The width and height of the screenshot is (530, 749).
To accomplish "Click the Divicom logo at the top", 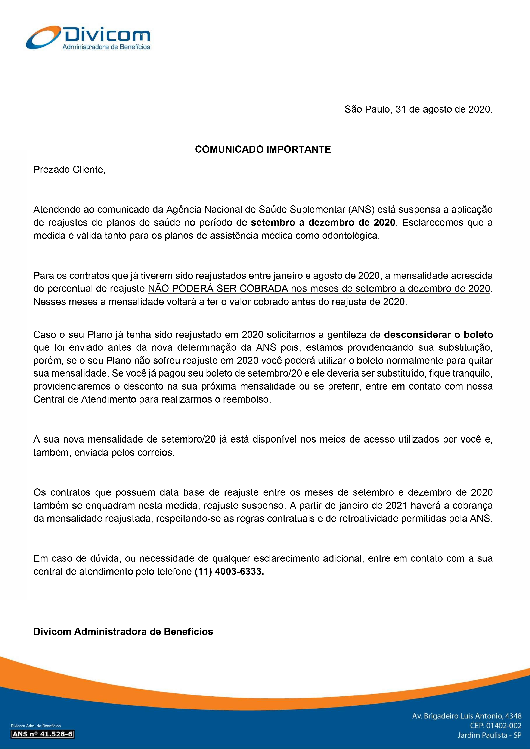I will tap(88, 38).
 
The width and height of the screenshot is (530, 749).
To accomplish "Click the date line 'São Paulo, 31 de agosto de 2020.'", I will tap(418, 109).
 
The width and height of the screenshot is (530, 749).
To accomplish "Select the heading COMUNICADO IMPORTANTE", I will tap(263, 150).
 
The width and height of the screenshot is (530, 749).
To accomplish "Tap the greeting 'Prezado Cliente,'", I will tap(69, 170).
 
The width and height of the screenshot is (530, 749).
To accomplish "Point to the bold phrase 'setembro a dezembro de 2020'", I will tap(323, 223).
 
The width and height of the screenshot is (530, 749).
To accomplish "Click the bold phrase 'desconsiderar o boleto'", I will tap(438, 335).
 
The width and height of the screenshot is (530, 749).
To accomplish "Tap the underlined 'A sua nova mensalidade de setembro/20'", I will tap(124, 439).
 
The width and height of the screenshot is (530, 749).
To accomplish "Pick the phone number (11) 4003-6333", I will tap(229, 572).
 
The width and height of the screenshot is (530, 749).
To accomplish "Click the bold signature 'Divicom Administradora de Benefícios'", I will tap(123, 632).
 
